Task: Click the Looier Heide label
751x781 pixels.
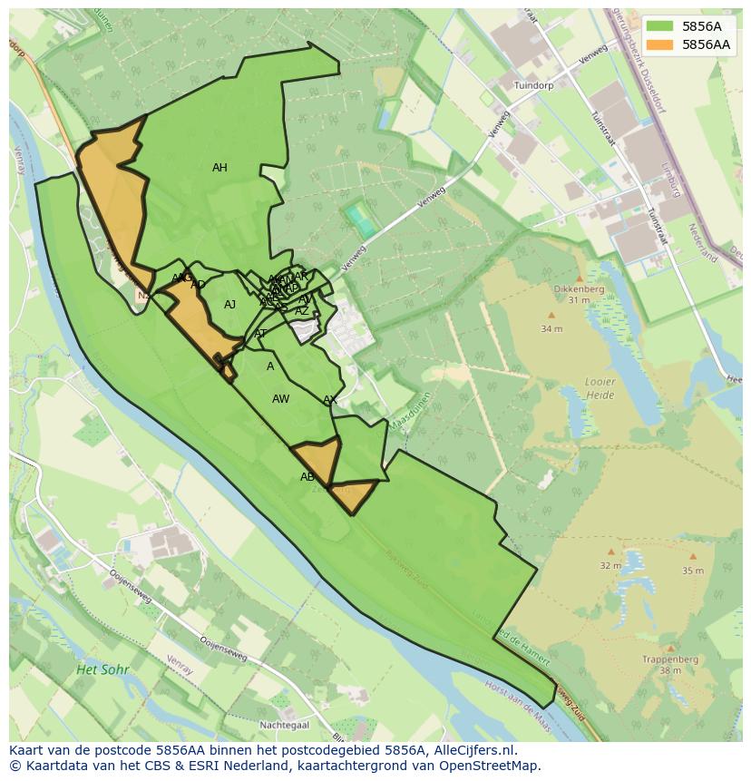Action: [600, 389]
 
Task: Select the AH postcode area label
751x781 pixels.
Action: [219, 168]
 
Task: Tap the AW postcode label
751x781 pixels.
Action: [281, 399]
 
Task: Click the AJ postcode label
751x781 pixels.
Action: [229, 305]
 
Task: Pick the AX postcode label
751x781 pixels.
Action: [330, 400]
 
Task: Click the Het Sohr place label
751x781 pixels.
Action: [102, 669]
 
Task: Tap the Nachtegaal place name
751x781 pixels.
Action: [284, 725]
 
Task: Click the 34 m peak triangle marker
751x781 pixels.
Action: [551, 316]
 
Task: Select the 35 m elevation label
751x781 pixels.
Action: [692, 571]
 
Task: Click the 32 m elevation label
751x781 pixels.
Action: [610, 565]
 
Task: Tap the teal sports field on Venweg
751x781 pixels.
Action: [360, 220]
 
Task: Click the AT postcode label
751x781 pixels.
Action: [260, 334]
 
